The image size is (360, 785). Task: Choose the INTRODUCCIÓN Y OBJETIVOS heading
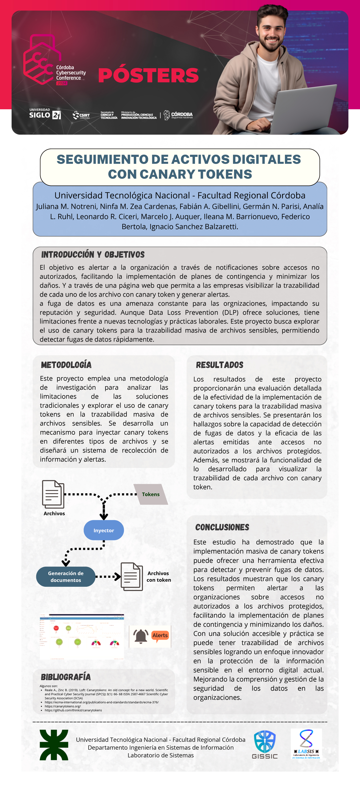click(93, 254)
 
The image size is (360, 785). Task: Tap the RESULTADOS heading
click(219, 365)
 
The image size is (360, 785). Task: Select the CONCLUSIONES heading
click(222, 527)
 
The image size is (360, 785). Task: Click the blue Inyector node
click(104, 530)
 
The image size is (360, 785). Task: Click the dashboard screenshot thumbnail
click(82, 636)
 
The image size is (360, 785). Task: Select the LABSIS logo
click(306, 744)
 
